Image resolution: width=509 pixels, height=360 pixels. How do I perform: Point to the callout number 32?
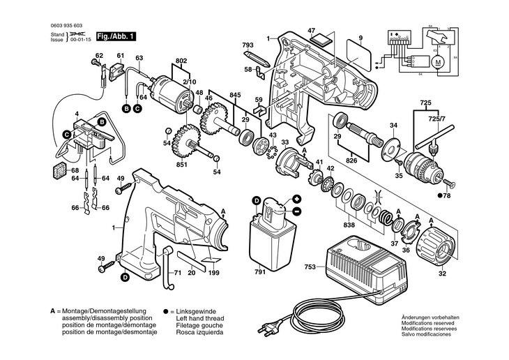(441, 273)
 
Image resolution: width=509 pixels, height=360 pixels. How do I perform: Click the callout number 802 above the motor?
(181, 62)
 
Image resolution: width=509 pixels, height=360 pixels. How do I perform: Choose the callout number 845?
(236, 95)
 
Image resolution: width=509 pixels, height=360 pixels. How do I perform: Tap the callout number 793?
(248, 46)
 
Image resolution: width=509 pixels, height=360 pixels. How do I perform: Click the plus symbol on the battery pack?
(296, 200)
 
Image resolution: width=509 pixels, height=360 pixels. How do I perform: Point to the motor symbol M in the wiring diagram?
(438, 62)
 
